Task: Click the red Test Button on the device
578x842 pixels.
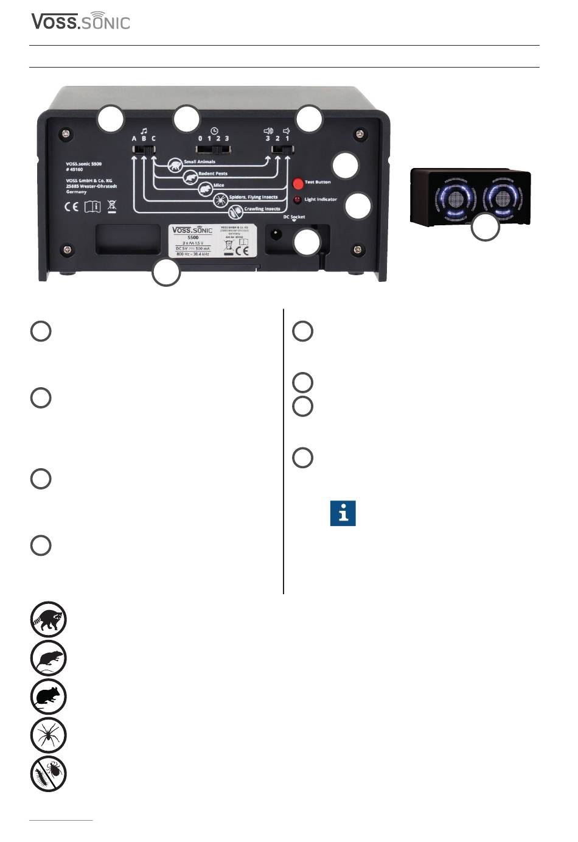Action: [x=298, y=183]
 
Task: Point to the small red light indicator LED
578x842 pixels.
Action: [x=298, y=200]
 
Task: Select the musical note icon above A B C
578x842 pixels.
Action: [x=144, y=130]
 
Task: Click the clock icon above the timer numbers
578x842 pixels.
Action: [x=214, y=130]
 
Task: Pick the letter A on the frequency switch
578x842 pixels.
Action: [x=134, y=139]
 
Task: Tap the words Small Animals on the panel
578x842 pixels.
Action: [x=200, y=163]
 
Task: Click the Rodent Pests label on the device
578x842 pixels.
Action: [x=213, y=174]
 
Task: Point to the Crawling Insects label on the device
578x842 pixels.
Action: [x=262, y=209]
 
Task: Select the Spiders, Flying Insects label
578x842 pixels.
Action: [x=253, y=197]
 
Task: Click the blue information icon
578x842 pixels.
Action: [x=343, y=514]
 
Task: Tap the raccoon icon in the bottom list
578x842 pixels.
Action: [x=49, y=620]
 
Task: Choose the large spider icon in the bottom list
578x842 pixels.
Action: [x=49, y=735]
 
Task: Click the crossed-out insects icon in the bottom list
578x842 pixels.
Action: [x=49, y=774]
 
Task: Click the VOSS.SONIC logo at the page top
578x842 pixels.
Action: [x=81, y=22]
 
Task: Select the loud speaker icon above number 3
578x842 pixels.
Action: [x=268, y=130]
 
